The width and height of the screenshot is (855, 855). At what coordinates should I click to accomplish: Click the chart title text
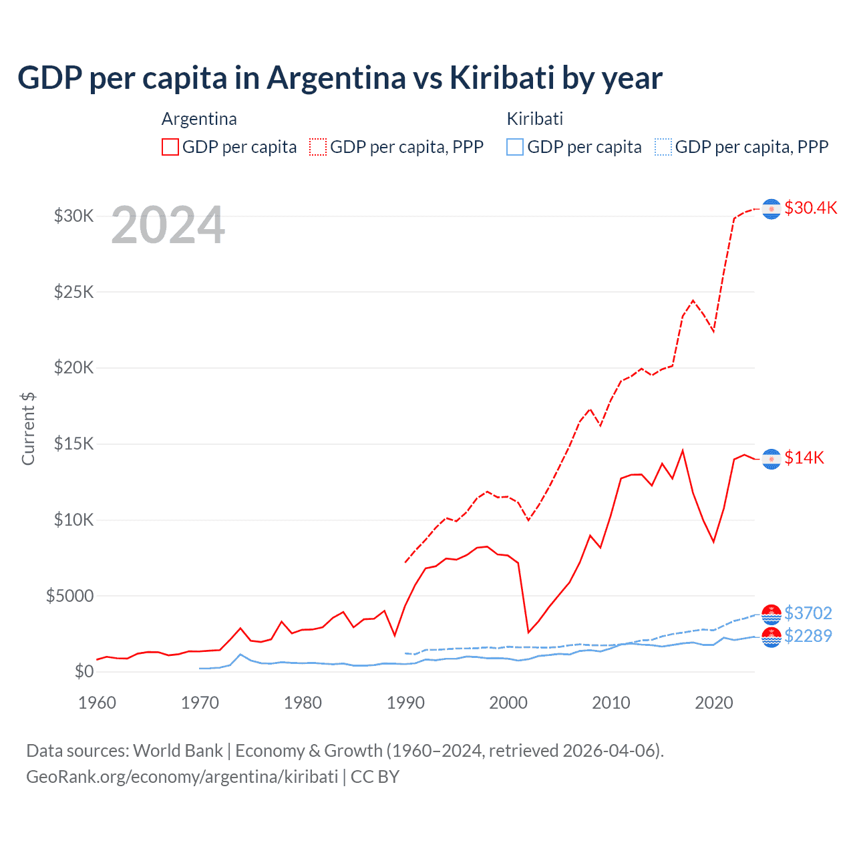point(339,78)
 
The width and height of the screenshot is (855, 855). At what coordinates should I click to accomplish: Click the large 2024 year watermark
point(168,226)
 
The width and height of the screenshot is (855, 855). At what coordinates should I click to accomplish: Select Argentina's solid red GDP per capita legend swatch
point(170,147)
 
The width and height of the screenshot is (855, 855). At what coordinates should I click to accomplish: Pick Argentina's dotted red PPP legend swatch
point(318,147)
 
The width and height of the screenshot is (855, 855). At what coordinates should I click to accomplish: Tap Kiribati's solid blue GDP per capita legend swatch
point(515,147)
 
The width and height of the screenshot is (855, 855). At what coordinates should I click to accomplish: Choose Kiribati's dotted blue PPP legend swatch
point(663,147)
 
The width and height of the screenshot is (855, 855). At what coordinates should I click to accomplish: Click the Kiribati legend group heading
point(534,119)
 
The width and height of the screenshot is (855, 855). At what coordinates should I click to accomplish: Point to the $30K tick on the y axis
point(74,216)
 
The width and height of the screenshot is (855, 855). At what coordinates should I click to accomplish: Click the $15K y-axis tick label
point(74,444)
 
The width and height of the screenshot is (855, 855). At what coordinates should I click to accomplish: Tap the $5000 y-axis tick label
point(70,595)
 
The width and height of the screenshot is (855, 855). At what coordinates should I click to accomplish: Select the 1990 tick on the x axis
point(405,703)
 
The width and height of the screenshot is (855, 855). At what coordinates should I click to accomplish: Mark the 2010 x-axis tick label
point(611,703)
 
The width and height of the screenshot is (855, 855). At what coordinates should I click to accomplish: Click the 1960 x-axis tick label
point(98,703)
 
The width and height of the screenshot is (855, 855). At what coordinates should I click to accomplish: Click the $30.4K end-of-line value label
point(810,208)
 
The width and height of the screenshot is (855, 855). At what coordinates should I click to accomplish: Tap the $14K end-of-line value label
point(804,458)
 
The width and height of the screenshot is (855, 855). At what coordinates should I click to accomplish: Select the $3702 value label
point(808,613)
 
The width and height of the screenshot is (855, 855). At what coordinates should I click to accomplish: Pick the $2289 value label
point(808,636)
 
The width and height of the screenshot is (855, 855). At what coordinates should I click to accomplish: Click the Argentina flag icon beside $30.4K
point(772,209)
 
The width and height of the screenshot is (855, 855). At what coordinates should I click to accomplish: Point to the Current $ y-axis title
point(28,429)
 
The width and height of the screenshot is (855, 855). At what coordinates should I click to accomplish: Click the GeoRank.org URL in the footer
point(182,777)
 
